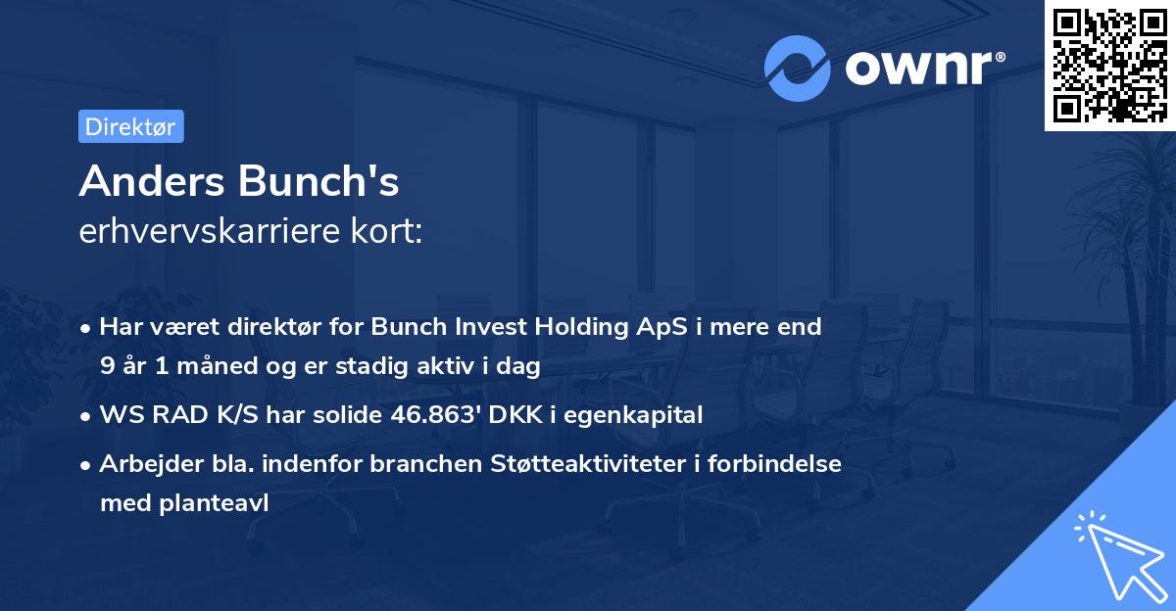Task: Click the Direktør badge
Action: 130,126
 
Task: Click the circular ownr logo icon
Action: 798,69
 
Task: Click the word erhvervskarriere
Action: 205,231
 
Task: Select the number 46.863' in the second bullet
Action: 445,415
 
